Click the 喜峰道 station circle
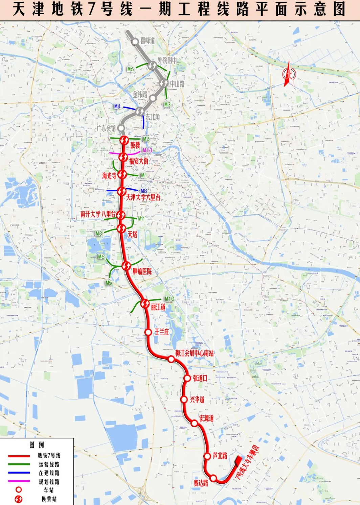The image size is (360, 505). click(x=135, y=42)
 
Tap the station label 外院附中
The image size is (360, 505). click(x=167, y=61)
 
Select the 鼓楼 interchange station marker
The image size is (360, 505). click(x=124, y=140)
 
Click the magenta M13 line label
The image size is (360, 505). click(x=147, y=150)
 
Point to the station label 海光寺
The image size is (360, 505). click(x=109, y=175)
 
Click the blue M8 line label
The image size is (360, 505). click(x=144, y=191)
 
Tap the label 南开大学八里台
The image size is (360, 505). click(x=98, y=214)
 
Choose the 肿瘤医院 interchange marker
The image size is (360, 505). click(x=126, y=266)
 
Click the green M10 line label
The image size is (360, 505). click(x=169, y=298)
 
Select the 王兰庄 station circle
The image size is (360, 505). click(x=148, y=332)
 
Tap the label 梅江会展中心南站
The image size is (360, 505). click(x=194, y=353)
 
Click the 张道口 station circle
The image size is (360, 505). click(x=187, y=378)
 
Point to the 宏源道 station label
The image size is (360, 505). click(x=206, y=418)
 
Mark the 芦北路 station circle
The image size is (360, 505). click(x=207, y=456)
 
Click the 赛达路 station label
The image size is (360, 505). click(x=201, y=483)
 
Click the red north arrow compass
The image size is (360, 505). click(x=288, y=73)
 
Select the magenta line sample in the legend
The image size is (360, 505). click(x=19, y=481)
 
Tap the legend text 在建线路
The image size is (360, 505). click(x=49, y=473)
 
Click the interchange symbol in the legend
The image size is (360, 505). click(x=19, y=499)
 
